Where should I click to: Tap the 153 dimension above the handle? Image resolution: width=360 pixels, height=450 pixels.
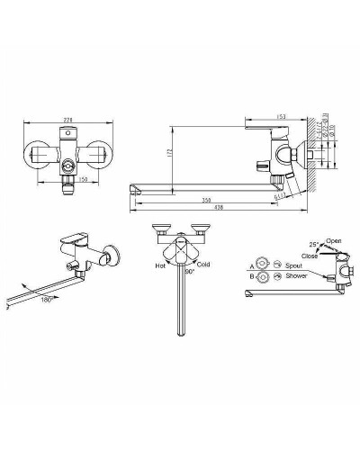(283, 116)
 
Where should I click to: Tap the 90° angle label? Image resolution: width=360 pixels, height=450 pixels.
(189, 271)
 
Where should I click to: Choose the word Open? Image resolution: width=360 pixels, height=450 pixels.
(335, 241)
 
